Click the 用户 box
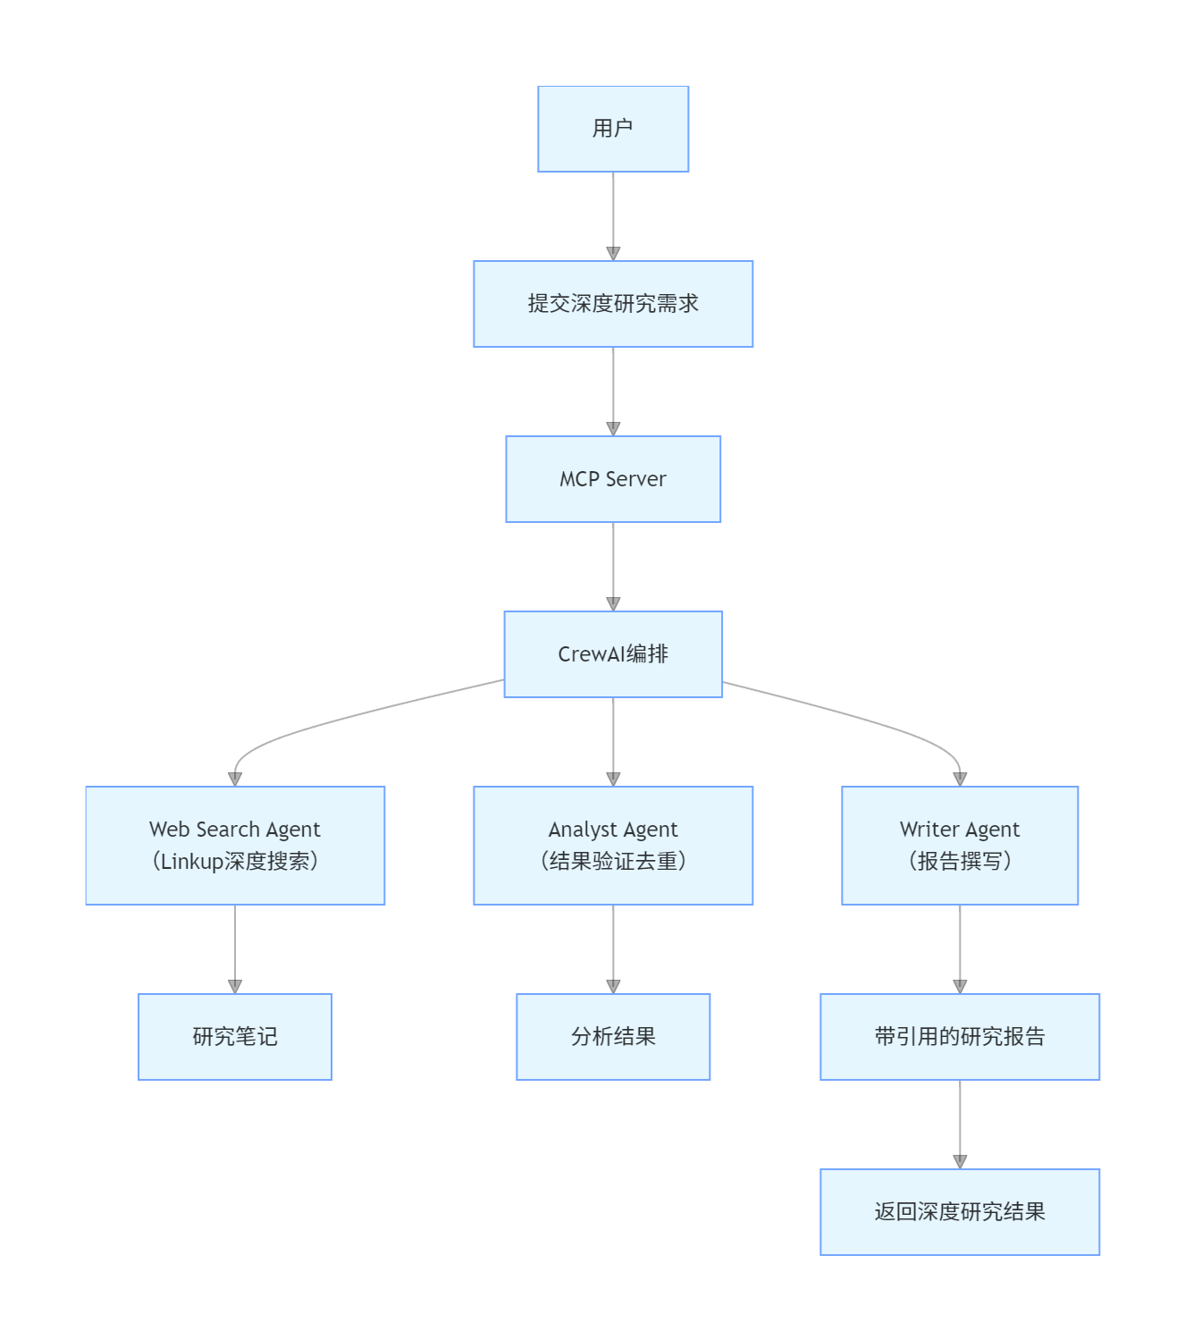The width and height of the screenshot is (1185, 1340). pos(613,129)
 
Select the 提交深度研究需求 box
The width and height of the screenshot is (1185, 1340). pos(613,304)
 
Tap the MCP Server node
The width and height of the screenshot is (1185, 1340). pos(613,479)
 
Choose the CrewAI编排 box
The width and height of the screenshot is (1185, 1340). pos(613,654)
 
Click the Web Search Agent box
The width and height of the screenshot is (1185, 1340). pos(235,845)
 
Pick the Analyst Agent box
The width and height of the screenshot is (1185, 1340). pos(613,845)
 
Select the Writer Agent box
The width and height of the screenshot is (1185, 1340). pos(960,845)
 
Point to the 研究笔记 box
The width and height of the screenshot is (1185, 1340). pos(235,1037)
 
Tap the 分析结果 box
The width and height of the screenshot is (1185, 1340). pos(613,1037)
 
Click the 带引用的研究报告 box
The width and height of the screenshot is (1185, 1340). pos(960,1037)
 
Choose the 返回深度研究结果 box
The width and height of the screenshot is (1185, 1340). pos(960,1212)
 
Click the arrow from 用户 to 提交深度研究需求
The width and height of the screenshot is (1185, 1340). pos(613,215)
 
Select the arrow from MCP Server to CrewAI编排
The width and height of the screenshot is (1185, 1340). pos(613,565)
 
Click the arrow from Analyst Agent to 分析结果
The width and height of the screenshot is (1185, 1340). pos(613,948)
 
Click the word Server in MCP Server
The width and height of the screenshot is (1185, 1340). pos(636,479)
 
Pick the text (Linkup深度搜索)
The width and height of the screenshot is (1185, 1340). pos(235,861)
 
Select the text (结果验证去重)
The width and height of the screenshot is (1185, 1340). pos(613,861)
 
